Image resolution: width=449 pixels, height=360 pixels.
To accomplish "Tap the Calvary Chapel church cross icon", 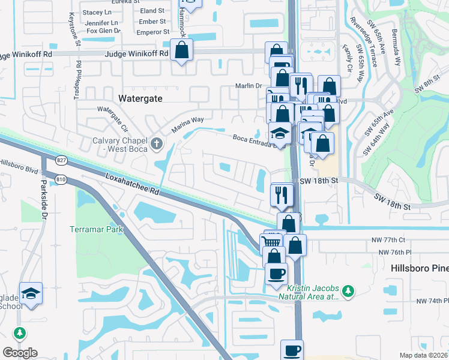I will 157,143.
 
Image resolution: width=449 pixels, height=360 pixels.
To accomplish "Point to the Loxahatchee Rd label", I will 132,185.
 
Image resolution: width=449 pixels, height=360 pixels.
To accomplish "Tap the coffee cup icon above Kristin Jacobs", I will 277,275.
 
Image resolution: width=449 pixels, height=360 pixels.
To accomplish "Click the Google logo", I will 20,353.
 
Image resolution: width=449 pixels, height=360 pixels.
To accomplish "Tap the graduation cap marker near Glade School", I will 31,294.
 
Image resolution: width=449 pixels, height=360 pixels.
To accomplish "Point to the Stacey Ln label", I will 97,12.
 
